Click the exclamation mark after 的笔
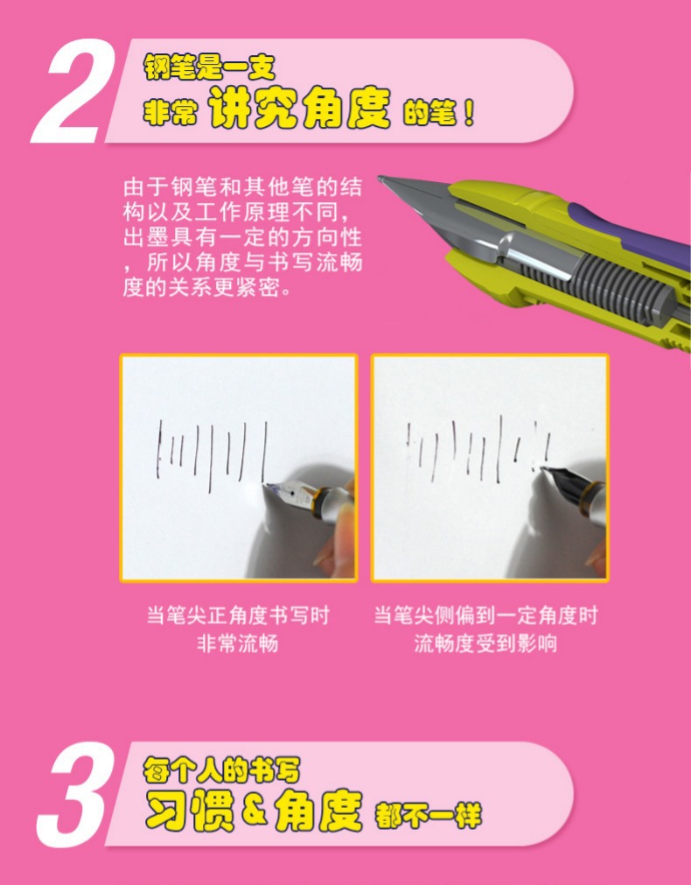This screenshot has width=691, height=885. pyautogui.click(x=468, y=115)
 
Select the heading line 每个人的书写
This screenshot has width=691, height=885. pyautogui.click(x=221, y=771)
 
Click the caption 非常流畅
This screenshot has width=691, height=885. pyautogui.click(x=237, y=643)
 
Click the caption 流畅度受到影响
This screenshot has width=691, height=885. pyautogui.click(x=485, y=643)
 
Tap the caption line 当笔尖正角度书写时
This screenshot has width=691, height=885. pyautogui.click(x=237, y=615)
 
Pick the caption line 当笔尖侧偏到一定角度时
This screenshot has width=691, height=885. pyautogui.click(x=485, y=615)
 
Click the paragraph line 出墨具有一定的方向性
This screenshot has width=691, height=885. pyautogui.click(x=241, y=237)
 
